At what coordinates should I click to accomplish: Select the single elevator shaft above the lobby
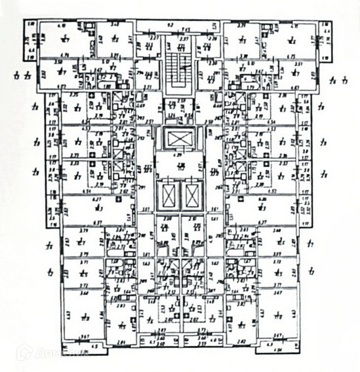(179, 139)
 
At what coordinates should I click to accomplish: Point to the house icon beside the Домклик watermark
(24, 353)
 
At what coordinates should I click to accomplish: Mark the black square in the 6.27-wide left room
(118, 199)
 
